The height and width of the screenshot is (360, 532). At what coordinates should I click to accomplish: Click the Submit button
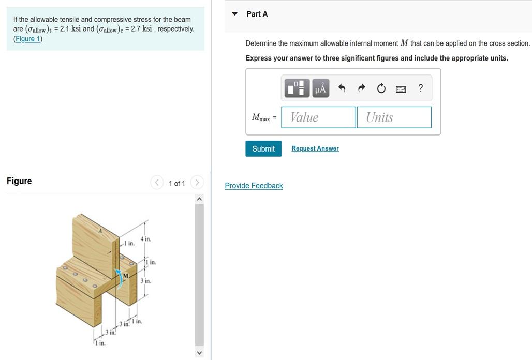tap(263, 148)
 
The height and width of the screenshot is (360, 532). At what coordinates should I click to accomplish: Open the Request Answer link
tap(315, 148)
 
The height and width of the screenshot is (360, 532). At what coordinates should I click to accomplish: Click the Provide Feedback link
tap(254, 186)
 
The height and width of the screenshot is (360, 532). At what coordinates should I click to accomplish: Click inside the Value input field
tap(318, 117)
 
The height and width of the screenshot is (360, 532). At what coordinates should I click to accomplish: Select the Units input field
tap(393, 117)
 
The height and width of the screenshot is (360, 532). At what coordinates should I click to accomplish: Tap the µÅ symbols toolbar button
tap(320, 88)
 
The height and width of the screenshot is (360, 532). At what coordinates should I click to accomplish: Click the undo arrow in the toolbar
tap(342, 88)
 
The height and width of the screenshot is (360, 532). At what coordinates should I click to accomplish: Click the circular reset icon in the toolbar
tap(381, 88)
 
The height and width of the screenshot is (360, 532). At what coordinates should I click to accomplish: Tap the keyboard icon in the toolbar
tap(401, 89)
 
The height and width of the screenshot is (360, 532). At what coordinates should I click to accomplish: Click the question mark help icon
tap(420, 88)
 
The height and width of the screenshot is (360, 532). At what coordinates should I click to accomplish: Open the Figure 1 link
tap(28, 39)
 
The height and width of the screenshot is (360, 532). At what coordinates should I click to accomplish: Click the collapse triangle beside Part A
tap(234, 14)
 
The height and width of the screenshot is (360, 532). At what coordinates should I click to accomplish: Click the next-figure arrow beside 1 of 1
tap(197, 183)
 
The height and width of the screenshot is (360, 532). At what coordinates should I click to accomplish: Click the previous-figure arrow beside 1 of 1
tap(157, 183)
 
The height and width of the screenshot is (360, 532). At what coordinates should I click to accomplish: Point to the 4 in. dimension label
tap(145, 239)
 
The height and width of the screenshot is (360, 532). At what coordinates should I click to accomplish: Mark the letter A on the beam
tap(100, 231)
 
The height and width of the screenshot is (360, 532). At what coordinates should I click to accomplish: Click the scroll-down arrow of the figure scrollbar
tap(199, 352)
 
